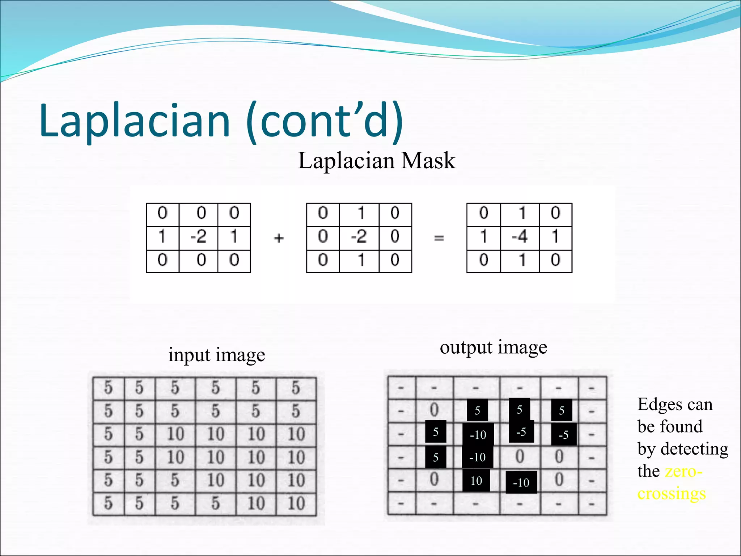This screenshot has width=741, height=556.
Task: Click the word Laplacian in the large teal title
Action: point(135,121)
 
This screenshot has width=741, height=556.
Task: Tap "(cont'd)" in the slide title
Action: point(324,121)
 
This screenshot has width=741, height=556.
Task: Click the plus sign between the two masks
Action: point(279,238)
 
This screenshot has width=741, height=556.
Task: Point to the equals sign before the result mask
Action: point(439,238)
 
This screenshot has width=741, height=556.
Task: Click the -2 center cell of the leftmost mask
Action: point(198,237)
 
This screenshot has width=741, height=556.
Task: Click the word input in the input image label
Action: point(189,355)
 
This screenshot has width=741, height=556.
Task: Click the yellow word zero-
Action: point(683,471)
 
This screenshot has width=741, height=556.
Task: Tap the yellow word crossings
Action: point(672,494)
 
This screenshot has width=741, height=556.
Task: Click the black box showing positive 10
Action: point(476,481)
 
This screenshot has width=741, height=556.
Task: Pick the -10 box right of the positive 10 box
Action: point(521,483)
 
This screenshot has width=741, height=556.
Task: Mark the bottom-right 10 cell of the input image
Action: point(296,503)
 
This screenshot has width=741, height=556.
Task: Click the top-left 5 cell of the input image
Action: point(108,388)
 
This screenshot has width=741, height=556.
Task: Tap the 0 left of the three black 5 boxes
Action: point(434,410)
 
